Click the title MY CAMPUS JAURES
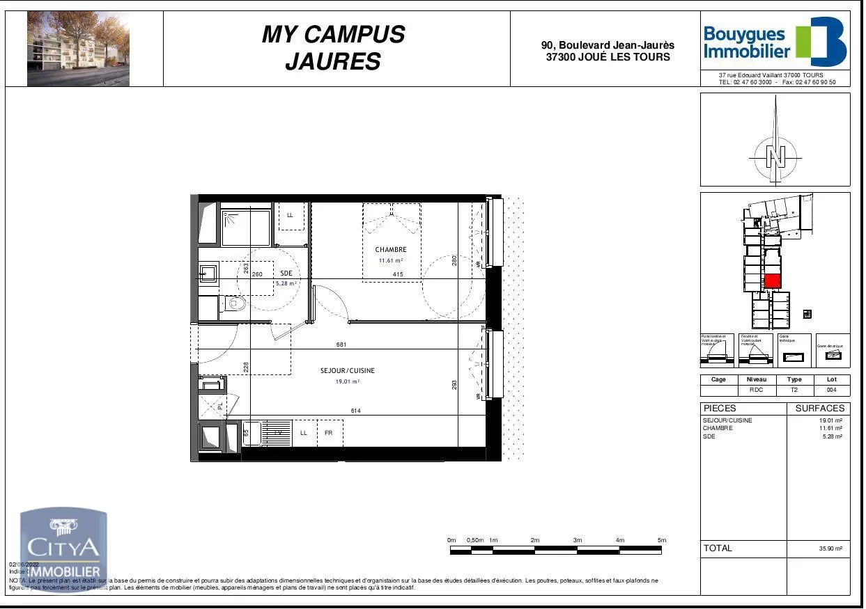click(333, 47)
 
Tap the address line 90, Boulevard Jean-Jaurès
click(608, 45)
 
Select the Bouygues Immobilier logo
click(775, 42)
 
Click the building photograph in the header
click(78, 49)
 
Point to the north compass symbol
click(775, 154)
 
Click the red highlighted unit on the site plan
click(772, 281)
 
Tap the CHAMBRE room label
click(390, 250)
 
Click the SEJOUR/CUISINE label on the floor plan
click(347, 371)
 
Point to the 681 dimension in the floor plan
click(341, 345)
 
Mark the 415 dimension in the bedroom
click(398, 275)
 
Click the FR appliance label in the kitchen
click(329, 433)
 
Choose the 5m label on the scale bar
click(662, 540)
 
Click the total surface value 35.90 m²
click(830, 549)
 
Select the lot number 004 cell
click(831, 390)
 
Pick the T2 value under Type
click(794, 390)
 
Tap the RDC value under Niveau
click(756, 390)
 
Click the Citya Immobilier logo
click(63, 550)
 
